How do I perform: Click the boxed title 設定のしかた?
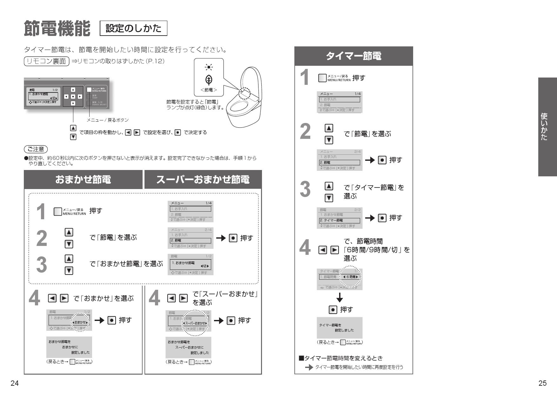133,29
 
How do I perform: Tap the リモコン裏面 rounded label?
47,61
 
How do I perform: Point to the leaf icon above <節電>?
209,79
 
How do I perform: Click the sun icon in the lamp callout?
209,67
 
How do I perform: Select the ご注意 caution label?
36,149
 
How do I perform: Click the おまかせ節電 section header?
83,180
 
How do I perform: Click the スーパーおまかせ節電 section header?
203,180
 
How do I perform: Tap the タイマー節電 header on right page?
353,56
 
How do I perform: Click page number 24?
14,384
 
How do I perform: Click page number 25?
542,384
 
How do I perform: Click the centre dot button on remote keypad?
73,96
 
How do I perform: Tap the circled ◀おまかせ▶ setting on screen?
80,322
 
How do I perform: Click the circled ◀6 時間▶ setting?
350,277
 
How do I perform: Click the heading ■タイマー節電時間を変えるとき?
341,358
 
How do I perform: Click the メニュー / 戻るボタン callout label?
108,120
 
